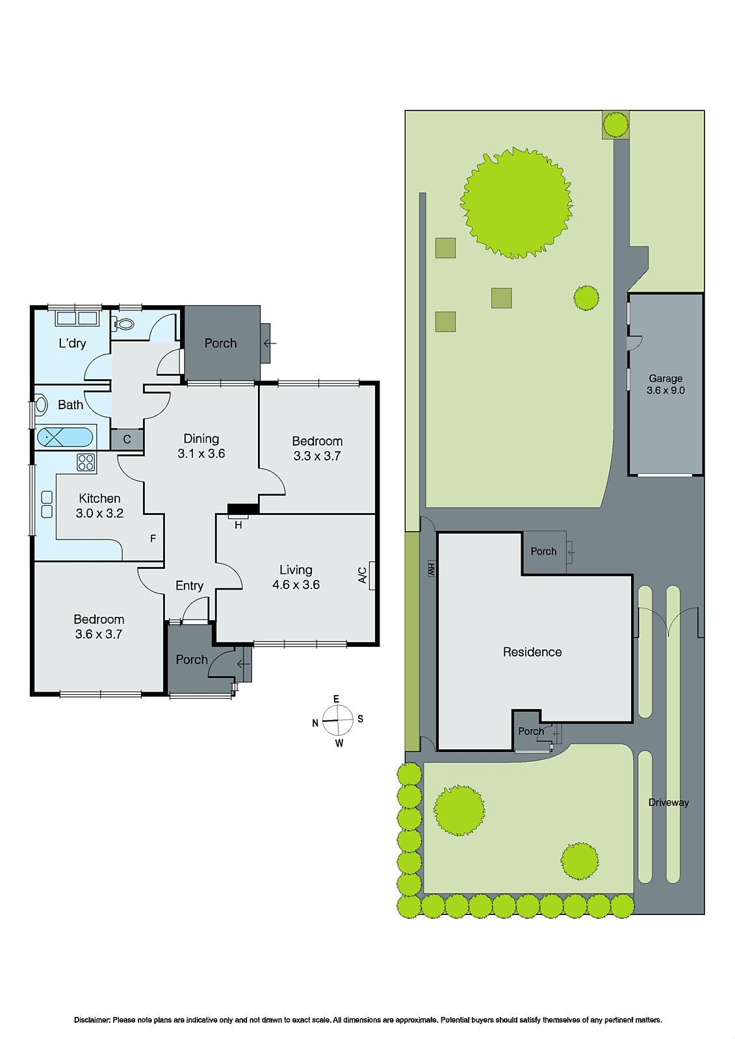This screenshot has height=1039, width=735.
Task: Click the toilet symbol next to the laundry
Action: pyautogui.click(x=124, y=323)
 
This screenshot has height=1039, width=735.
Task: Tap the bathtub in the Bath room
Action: pyautogui.click(x=64, y=436)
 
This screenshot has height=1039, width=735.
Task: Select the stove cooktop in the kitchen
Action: pyautogui.click(x=86, y=462)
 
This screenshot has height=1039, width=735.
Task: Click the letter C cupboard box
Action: pyautogui.click(x=127, y=440)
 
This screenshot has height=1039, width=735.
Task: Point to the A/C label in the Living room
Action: pyautogui.click(x=363, y=575)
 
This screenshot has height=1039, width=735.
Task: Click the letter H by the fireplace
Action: pyautogui.click(x=238, y=525)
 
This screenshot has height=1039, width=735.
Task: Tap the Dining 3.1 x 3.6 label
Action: pyautogui.click(x=201, y=446)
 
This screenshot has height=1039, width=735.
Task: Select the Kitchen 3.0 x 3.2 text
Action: pyautogui.click(x=99, y=505)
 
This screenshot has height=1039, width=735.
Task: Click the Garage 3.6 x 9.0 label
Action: pyautogui.click(x=665, y=384)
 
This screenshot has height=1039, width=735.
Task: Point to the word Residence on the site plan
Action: pyautogui.click(x=532, y=652)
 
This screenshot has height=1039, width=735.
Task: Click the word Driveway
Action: pyautogui.click(x=668, y=802)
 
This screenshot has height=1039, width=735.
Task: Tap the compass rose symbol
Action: pyautogui.click(x=338, y=720)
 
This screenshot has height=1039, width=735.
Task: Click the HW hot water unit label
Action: pyautogui.click(x=431, y=569)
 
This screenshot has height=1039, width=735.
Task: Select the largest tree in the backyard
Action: pyautogui.click(x=516, y=203)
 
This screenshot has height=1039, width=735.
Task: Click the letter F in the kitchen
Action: pyautogui.click(x=153, y=538)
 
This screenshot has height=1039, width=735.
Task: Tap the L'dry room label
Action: pyautogui.click(x=72, y=344)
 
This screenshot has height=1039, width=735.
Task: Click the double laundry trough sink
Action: pyautogui.click(x=77, y=318)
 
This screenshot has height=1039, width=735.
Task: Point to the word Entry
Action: pyautogui.click(x=189, y=586)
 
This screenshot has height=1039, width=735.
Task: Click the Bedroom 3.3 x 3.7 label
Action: pyautogui.click(x=317, y=448)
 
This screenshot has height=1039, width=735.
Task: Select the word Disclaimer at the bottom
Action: pyautogui.click(x=92, y=1020)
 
